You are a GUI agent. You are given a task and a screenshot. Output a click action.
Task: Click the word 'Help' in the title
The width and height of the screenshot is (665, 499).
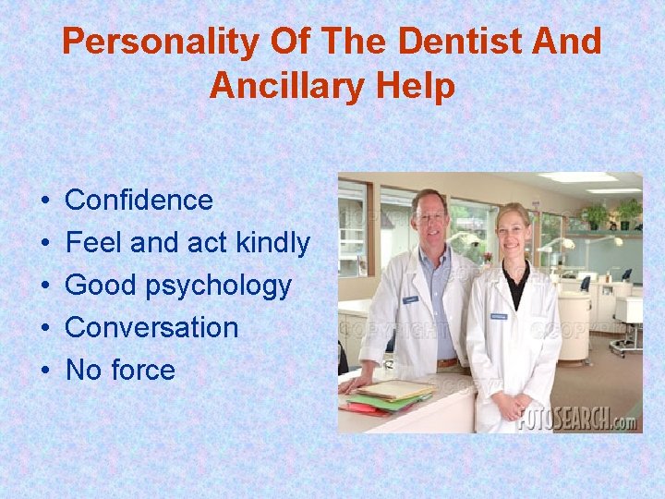pyautogui.click(x=421, y=86)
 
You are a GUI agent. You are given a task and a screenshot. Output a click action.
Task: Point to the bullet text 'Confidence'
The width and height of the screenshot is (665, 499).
pyautogui.click(x=139, y=201)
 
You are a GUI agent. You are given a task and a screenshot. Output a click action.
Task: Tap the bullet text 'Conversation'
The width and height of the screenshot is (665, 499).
pyautogui.click(x=151, y=327)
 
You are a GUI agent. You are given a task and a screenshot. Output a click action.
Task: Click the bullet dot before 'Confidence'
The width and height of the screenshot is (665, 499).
pyautogui.click(x=45, y=201)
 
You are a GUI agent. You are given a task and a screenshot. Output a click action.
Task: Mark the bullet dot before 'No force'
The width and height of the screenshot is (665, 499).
pyautogui.click(x=45, y=371)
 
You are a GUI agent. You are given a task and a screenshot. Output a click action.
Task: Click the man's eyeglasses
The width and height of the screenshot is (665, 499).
pyautogui.click(x=429, y=216)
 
